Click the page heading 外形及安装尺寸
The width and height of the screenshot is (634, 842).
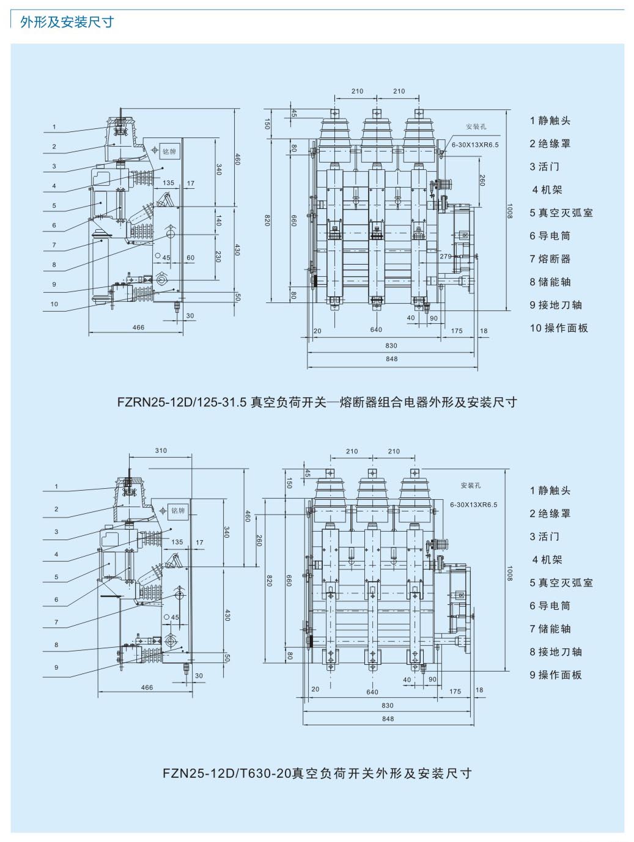67,22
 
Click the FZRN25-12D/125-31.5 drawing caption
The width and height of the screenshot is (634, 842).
317,402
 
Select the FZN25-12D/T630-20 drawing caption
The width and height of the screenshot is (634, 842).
317,773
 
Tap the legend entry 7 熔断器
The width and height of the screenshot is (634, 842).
550,259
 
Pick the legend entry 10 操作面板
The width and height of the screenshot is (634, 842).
558,328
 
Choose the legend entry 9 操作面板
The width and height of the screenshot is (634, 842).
555,675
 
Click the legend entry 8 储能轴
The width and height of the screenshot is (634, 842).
550,282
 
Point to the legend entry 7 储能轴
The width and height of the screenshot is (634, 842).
550,629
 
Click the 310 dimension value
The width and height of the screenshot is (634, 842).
161,451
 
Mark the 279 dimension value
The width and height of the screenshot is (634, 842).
446,257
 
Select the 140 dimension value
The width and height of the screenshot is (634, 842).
218,220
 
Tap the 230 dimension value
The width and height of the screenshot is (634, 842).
218,257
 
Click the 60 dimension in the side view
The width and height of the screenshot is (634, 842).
190,258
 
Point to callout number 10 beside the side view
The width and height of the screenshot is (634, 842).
54,304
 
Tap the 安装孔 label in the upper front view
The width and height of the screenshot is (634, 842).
476,127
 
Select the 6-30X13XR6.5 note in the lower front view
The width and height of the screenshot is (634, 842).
474,505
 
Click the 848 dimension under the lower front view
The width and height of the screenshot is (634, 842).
388,719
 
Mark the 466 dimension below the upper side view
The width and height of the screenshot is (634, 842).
139,328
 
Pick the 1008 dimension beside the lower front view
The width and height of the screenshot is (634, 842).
509,573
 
